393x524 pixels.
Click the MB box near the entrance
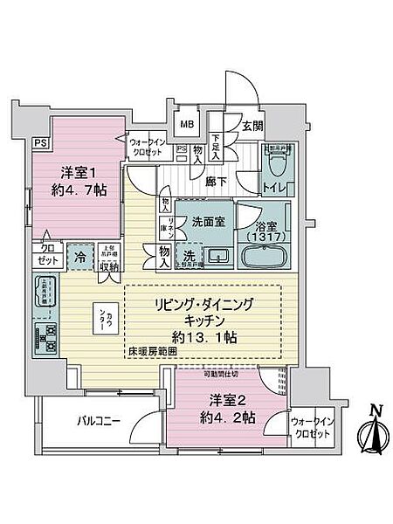(x=188, y=122)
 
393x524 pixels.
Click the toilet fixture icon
(x=279, y=162)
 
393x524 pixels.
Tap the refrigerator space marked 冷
(x=79, y=259)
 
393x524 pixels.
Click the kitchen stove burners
(x=45, y=334)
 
